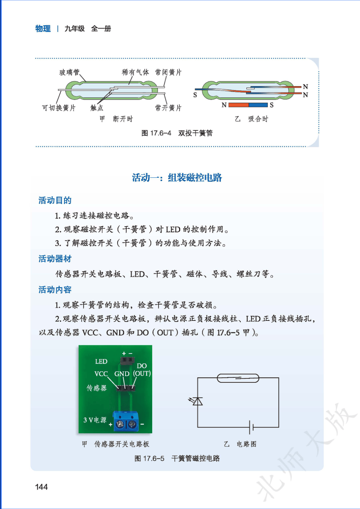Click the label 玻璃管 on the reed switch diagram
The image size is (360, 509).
(x=69, y=72)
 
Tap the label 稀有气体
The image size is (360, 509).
(x=135, y=72)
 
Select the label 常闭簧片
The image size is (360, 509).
(x=168, y=72)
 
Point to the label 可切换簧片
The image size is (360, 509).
(x=59, y=108)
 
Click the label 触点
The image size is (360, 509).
(x=97, y=108)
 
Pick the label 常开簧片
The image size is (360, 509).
(x=168, y=108)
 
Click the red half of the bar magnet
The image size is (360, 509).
(x=238, y=105)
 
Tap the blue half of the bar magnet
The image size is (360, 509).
(x=258, y=105)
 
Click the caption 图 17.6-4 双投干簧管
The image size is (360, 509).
(x=177, y=133)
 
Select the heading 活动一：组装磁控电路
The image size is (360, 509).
(x=177, y=177)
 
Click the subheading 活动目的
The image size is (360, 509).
(x=55, y=200)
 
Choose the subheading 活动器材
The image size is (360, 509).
(x=55, y=259)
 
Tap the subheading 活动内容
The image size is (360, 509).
(x=55, y=290)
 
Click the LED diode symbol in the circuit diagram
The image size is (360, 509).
(x=196, y=401)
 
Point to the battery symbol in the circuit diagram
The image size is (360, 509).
(x=251, y=427)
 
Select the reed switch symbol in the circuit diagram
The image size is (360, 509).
(x=238, y=378)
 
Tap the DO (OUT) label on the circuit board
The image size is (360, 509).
(x=142, y=370)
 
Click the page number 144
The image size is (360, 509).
(x=41, y=487)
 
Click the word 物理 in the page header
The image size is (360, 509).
(x=43, y=29)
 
